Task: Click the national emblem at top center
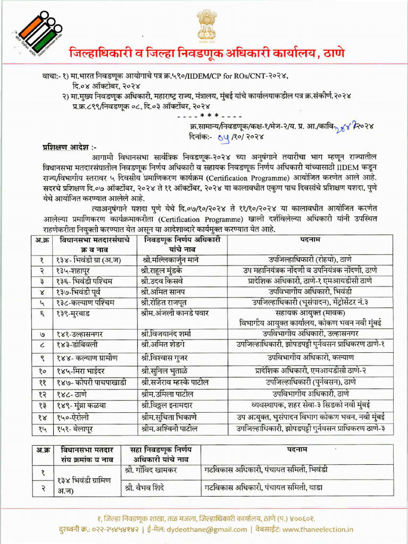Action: (x=206, y=24)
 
